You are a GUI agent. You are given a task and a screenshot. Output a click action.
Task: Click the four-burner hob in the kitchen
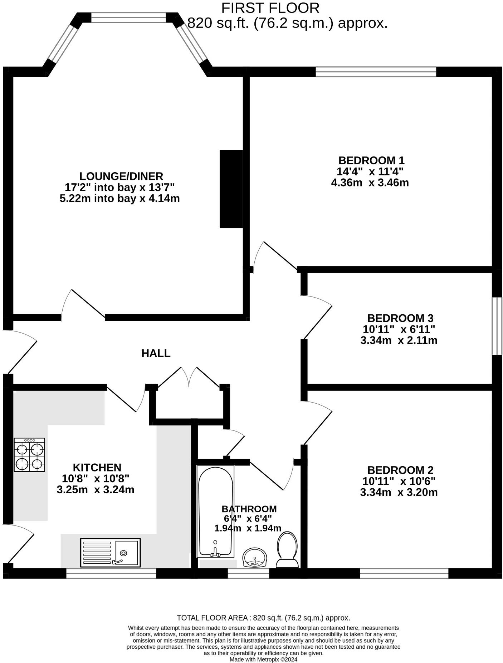29,454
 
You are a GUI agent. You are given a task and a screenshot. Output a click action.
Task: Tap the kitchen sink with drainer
110,553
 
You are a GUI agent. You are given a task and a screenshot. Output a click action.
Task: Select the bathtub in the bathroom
215,511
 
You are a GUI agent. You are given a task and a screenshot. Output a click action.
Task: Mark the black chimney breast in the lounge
231,189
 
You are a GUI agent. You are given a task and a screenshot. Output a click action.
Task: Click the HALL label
156,353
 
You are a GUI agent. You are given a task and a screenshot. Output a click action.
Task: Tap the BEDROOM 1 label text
371,160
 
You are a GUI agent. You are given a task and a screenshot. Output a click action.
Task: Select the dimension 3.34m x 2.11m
399,340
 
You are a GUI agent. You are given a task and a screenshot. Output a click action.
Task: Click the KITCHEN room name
97,467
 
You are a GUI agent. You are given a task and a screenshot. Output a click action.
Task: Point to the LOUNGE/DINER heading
121,176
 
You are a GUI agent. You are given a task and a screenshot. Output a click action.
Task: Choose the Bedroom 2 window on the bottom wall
404,573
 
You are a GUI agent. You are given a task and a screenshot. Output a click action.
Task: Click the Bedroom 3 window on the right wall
497,326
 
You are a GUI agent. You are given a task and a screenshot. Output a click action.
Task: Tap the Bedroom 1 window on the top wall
376,72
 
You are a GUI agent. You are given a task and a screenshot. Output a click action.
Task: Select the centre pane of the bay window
128,18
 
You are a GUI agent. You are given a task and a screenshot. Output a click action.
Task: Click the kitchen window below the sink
111,573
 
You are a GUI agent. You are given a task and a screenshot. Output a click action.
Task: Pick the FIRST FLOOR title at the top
270,8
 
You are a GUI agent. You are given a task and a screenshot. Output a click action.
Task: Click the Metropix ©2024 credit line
263,659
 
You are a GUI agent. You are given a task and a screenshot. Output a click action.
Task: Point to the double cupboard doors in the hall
189,377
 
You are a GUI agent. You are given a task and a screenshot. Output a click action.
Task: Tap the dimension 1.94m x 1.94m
248,528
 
